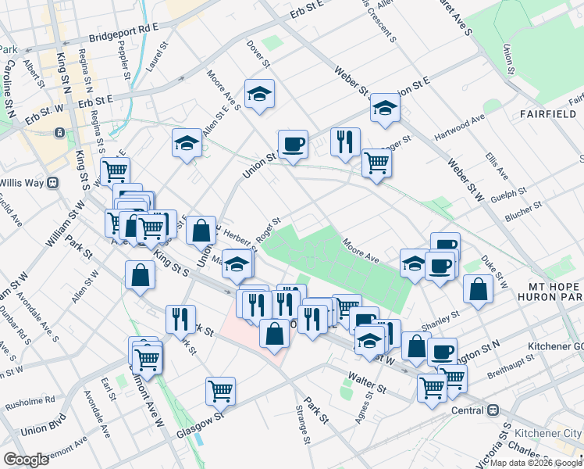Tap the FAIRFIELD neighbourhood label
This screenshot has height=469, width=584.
pyautogui.click(x=547, y=114)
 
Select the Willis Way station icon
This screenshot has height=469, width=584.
pyautogui.click(x=53, y=183)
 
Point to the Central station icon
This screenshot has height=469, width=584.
pyautogui.click(x=493, y=410)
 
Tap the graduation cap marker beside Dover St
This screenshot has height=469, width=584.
pyautogui.click(x=258, y=94)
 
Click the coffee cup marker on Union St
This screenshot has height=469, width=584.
pyautogui.click(x=293, y=144)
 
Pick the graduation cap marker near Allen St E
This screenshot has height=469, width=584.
pyautogui.click(x=186, y=142)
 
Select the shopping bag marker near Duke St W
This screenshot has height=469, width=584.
pyautogui.click(x=478, y=288)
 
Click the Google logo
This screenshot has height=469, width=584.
pyautogui.click(x=26, y=460)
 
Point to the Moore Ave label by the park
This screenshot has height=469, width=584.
pyautogui.click(x=361, y=251)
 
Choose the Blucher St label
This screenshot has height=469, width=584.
pyautogui.click(x=522, y=212)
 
